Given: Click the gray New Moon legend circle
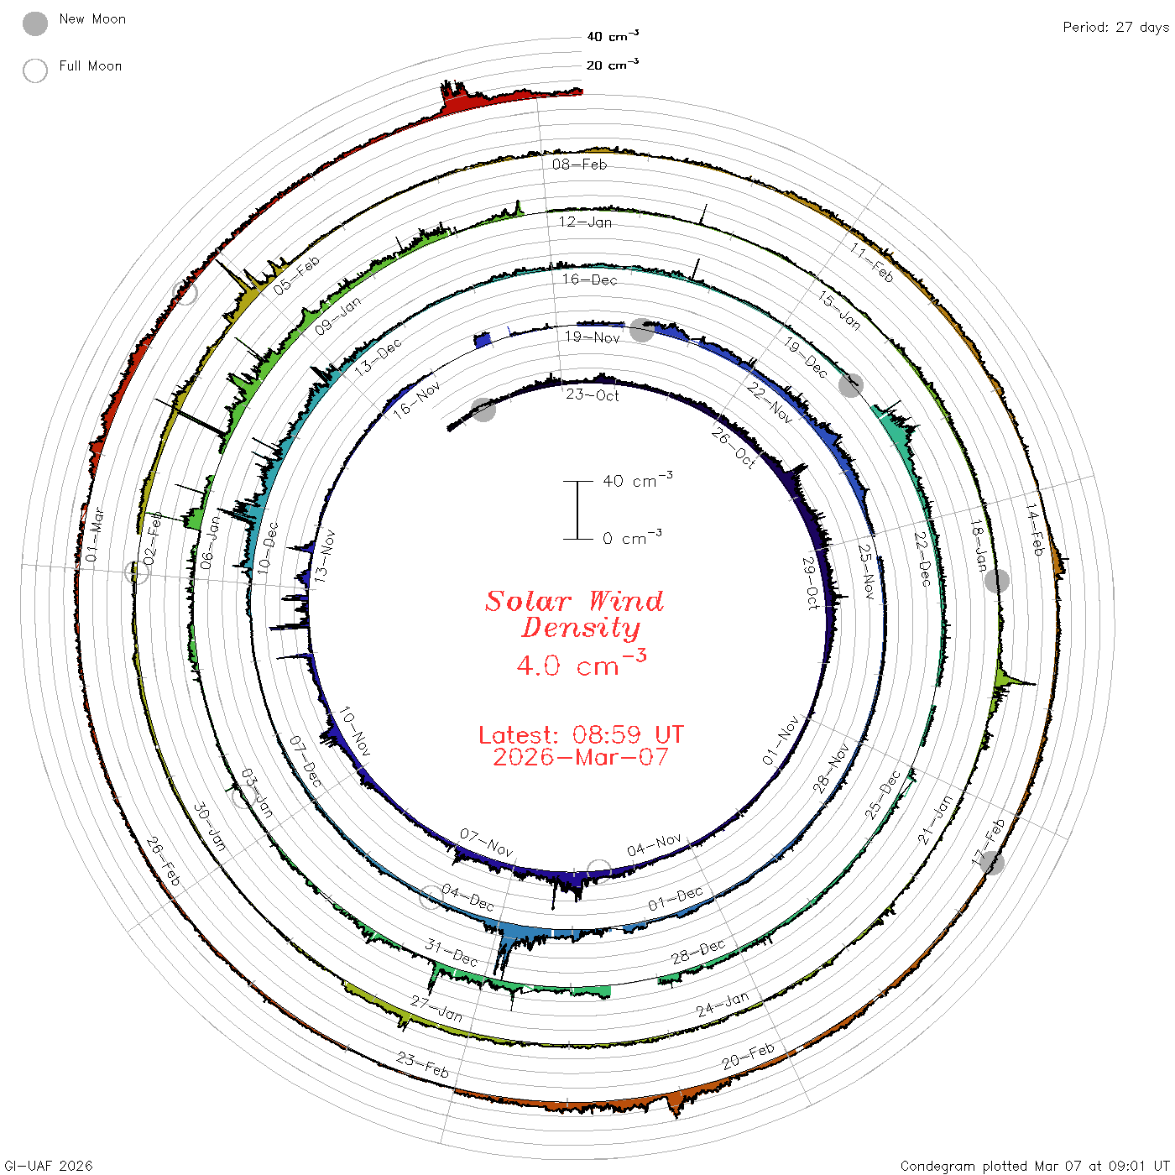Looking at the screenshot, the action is coord(34,23).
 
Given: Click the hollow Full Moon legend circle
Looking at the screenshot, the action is coord(34,70).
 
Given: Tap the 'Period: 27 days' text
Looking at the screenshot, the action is coord(1116,28).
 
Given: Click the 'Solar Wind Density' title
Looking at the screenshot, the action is coord(574,614).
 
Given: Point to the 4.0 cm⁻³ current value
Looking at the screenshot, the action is coord(581,663).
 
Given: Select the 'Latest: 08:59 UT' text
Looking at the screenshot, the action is coord(581,734).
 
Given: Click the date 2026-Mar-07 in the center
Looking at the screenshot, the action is coord(581,757).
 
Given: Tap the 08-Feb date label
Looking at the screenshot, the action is coord(579,164).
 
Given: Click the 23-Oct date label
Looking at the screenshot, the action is coord(592,394).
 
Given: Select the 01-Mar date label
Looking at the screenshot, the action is coord(95,535).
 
